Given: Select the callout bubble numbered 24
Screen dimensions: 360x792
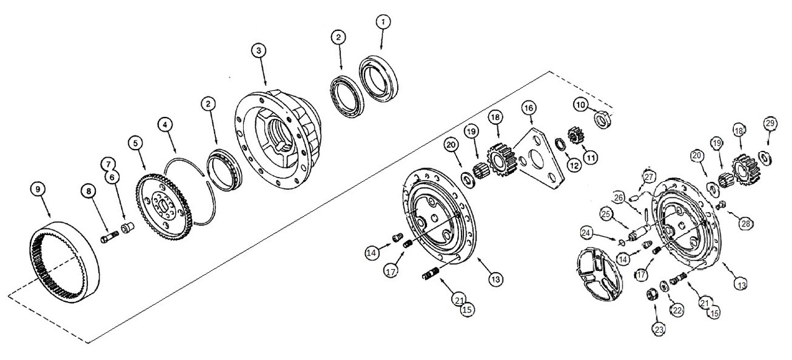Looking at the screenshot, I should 587,233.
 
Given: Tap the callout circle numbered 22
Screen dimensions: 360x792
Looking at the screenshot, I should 678,311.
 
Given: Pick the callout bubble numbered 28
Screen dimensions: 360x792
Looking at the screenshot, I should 745,223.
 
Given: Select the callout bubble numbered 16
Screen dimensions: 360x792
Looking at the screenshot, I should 528,108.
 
